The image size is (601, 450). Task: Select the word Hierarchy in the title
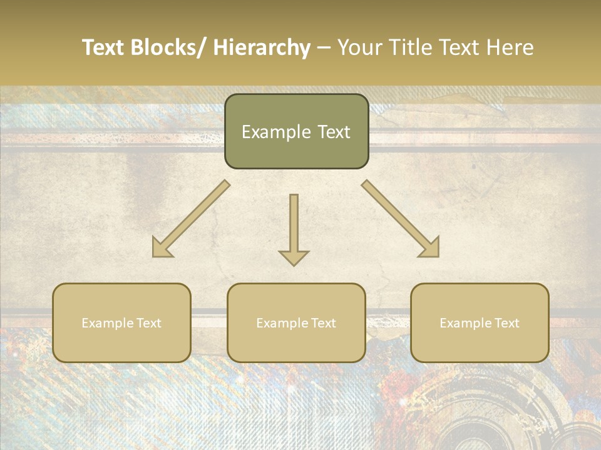(262, 47)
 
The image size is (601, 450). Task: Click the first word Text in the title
(104, 47)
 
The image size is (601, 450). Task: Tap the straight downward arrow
(294, 225)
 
